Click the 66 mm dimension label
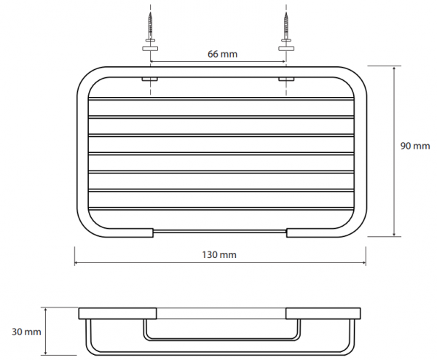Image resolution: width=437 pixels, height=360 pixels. tap(222, 54)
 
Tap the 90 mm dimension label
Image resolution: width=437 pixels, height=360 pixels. tap(415, 146)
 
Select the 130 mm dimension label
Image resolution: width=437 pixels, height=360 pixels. tap(219, 255)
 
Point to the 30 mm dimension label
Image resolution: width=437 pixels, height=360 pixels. tap(26, 332)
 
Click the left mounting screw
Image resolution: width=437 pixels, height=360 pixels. tap(151, 27)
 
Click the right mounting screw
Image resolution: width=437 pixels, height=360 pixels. tap(286, 27)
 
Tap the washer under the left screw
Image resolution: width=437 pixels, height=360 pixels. tap(151, 49)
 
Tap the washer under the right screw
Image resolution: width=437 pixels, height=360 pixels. tap(286, 49)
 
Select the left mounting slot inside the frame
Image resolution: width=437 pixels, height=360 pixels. tap(150, 79)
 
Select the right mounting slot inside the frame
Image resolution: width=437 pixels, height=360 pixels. tap(286, 79)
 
